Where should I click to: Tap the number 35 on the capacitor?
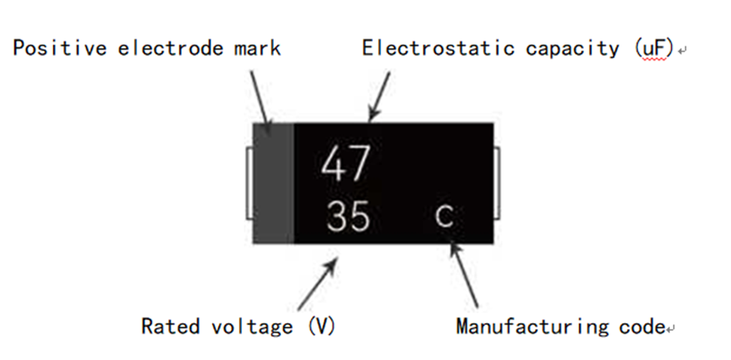click(349, 217)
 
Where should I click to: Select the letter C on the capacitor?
click(445, 217)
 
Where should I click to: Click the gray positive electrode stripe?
click(273, 183)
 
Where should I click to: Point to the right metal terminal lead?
click(496, 183)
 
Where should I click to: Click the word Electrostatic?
click(437, 48)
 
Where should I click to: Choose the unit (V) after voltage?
click(321, 327)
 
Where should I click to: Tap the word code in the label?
click(640, 327)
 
